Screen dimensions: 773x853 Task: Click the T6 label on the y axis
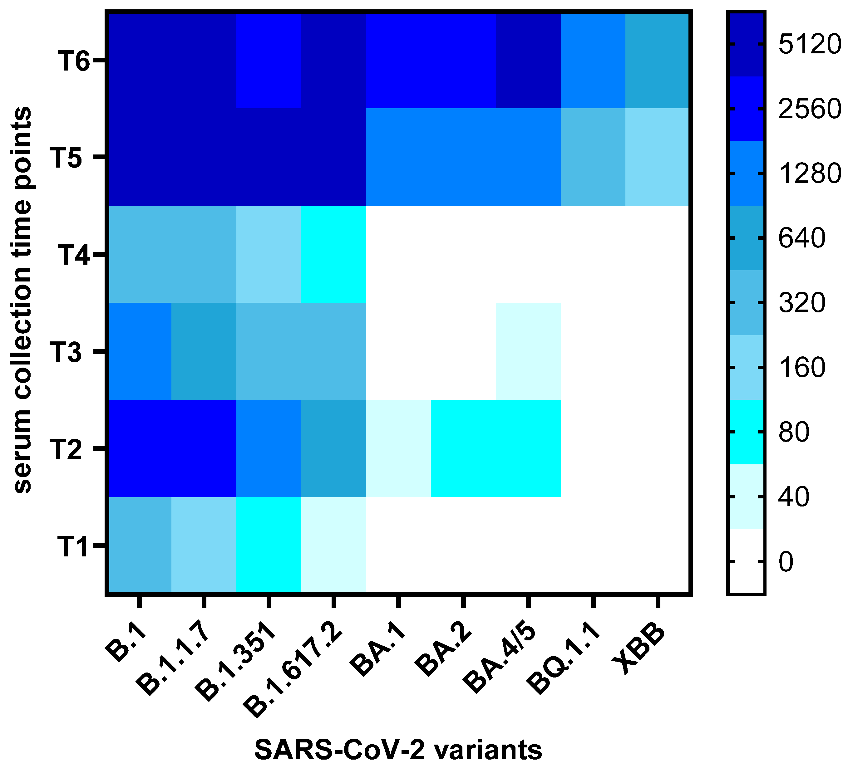[x=74, y=61]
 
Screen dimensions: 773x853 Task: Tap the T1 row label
[x=73, y=546]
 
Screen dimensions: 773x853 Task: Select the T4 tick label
[x=74, y=255]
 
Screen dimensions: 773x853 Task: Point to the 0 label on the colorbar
[x=786, y=562]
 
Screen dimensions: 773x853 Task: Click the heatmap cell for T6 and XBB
[x=657, y=61]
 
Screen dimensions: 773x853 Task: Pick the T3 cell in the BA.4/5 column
[x=528, y=351]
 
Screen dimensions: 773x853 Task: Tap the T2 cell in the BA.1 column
[x=398, y=448]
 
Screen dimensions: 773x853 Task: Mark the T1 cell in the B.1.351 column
[x=268, y=546]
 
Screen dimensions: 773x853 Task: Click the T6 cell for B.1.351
[x=268, y=61]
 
